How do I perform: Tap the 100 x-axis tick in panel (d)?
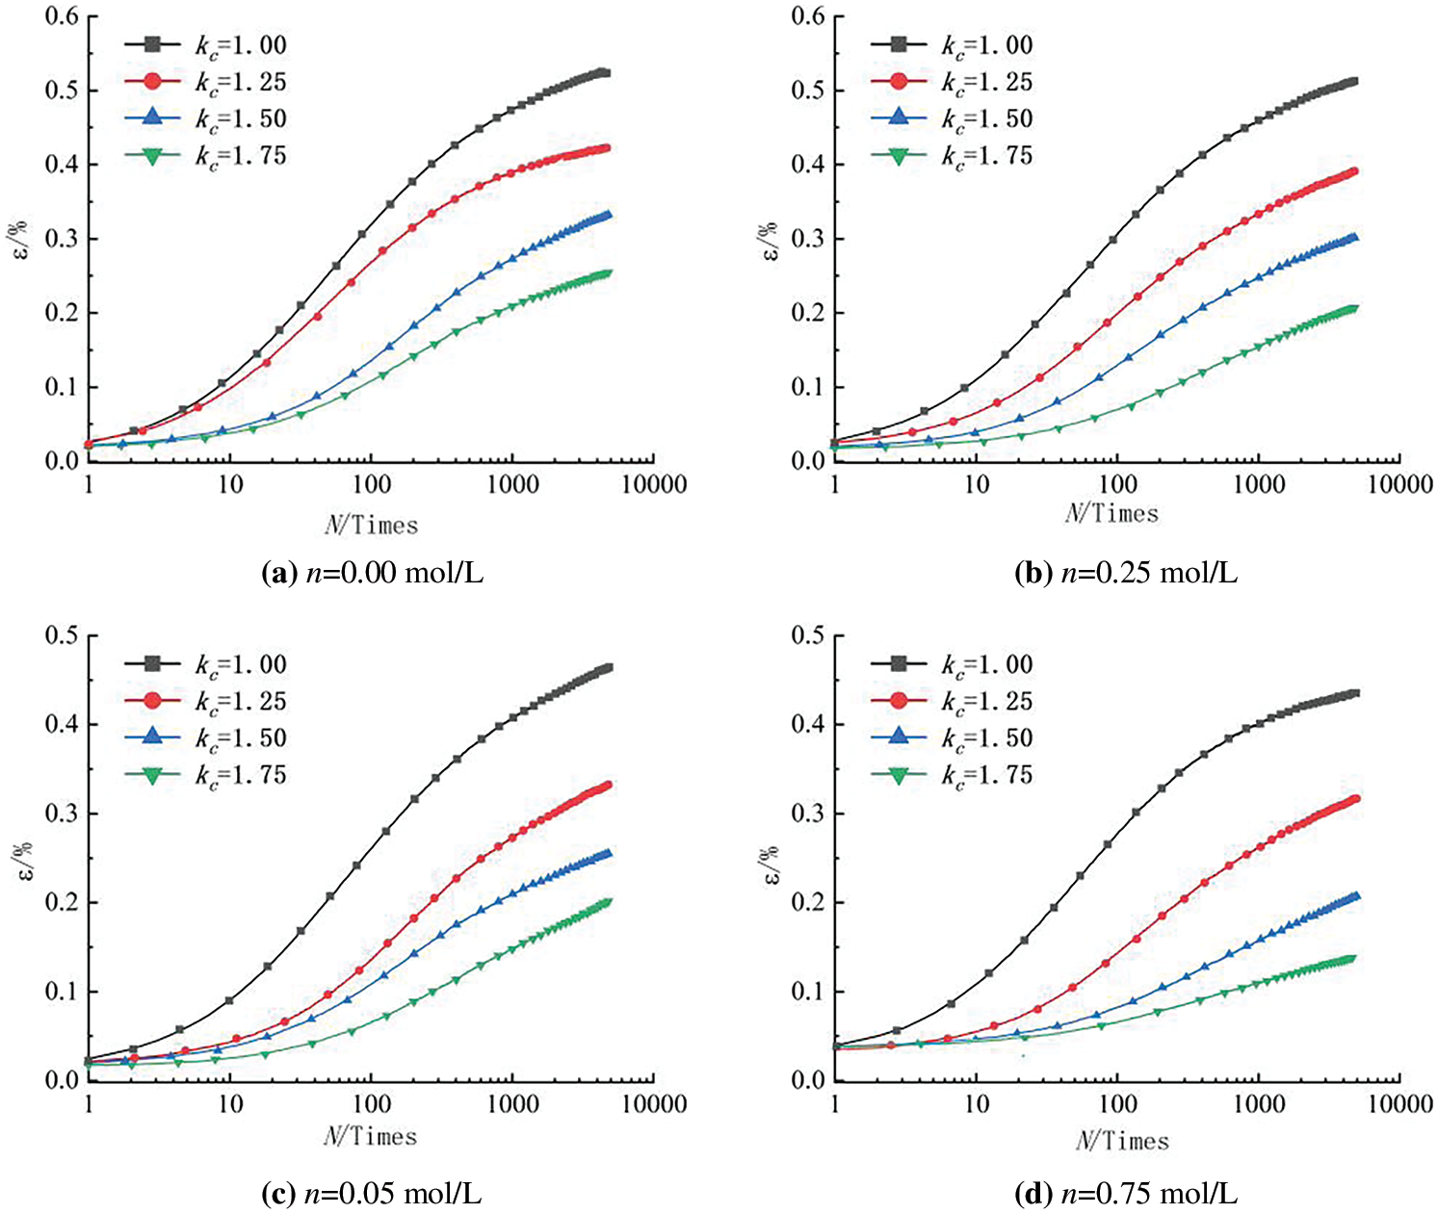[x=1117, y=1102]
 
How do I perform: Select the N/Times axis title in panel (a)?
[x=371, y=525]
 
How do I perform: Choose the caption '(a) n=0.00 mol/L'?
[x=372, y=574]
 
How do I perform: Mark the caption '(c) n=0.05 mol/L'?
[x=372, y=1195]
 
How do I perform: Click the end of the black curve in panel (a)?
[x=606, y=73]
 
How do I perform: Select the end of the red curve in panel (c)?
[x=607, y=786]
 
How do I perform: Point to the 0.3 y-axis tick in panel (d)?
[x=806, y=814]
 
